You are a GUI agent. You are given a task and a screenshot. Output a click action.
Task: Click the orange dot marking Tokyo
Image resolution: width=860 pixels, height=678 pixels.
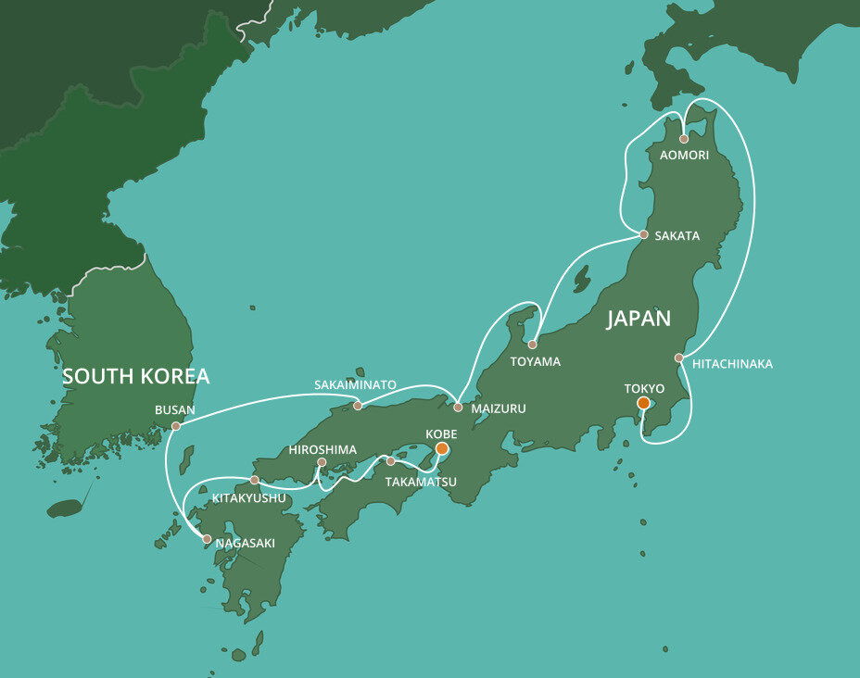tap(643, 403)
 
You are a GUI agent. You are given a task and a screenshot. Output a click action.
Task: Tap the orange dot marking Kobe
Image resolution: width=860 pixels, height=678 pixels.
tap(442, 448)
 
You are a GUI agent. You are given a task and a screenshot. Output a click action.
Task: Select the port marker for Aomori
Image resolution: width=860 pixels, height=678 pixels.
tap(684, 139)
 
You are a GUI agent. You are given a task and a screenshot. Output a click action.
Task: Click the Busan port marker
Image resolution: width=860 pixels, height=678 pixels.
tap(176, 427)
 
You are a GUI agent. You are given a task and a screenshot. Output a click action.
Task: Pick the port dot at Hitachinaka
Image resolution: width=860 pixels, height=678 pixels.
tap(678, 358)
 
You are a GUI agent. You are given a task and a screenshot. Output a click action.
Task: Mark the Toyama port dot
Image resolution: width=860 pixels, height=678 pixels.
tap(532, 345)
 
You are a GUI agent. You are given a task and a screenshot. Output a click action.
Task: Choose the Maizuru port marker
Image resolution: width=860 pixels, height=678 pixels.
tap(458, 408)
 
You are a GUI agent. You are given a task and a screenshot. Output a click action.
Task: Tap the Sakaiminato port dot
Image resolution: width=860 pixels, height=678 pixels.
tap(358, 406)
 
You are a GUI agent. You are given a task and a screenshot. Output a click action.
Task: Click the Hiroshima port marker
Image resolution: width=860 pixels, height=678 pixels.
tap(322, 462)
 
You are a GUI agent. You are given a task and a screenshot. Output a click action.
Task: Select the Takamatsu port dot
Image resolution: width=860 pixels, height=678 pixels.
tap(390, 461)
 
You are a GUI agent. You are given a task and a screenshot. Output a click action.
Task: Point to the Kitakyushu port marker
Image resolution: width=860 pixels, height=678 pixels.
tap(254, 481)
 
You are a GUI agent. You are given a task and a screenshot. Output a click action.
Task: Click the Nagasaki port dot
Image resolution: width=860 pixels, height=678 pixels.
tap(206, 539)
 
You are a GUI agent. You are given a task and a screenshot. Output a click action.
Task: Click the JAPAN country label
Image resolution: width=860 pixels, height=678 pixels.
tap(639, 319)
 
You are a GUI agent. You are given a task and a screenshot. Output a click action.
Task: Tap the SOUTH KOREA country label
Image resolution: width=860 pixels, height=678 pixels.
tap(136, 376)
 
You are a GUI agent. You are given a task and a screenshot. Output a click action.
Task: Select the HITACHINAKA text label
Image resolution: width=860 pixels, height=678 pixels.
tap(732, 364)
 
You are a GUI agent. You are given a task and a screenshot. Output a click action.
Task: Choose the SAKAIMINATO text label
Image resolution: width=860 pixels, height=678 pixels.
tap(355, 383)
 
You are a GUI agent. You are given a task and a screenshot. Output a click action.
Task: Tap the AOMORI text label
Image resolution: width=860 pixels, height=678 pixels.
tap(684, 155)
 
